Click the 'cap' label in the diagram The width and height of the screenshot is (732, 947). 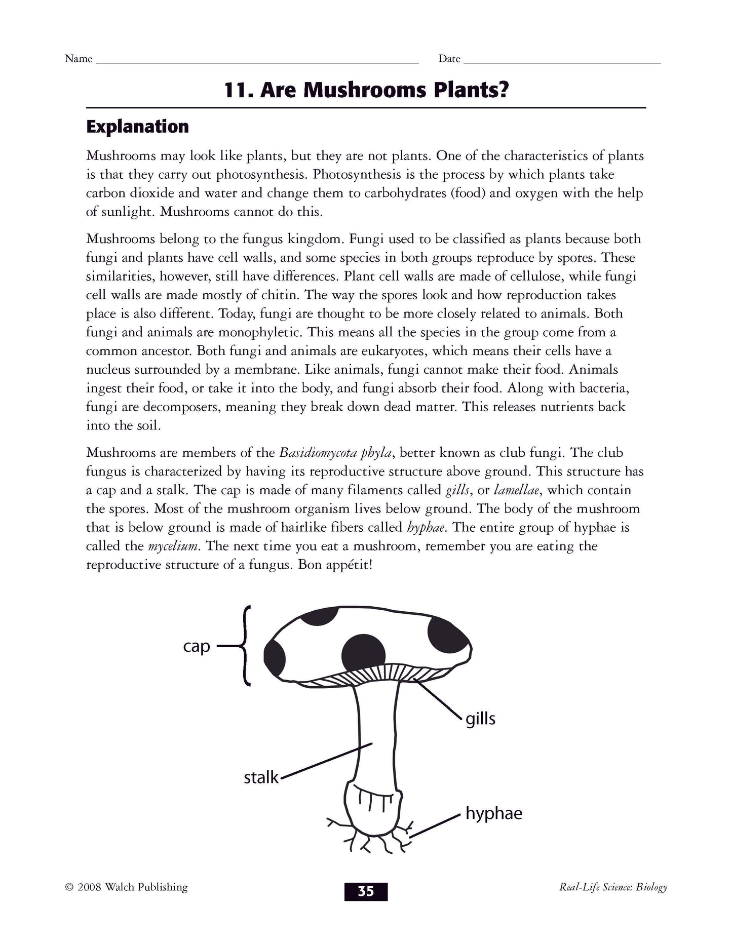coord(197,647)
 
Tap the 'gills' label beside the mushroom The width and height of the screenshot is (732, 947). coord(480,719)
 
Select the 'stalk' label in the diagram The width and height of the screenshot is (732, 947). coord(261,777)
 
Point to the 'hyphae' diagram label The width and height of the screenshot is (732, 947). coord(493,814)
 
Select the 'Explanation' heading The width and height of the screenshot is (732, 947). coord(137,127)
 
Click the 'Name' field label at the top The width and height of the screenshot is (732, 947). coord(79,59)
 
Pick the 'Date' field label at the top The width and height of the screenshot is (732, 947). coord(449,59)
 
